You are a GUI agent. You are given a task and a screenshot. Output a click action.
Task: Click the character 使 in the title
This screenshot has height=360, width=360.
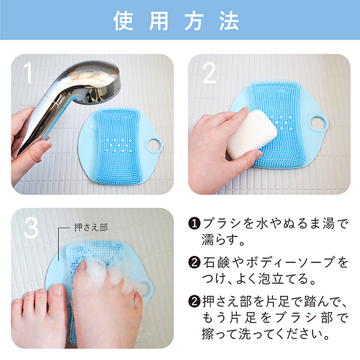123,21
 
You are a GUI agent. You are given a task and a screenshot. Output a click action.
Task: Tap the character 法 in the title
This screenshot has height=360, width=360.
229,21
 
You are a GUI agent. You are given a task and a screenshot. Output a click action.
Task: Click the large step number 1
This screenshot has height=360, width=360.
28,73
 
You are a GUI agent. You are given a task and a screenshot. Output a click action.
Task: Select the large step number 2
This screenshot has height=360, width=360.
209,73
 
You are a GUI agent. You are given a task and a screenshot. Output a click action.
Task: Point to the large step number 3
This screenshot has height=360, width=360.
31,227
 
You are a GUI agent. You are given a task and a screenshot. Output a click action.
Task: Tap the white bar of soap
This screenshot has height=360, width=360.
252,134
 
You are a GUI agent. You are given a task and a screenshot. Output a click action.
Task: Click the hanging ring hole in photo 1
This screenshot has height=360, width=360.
154,146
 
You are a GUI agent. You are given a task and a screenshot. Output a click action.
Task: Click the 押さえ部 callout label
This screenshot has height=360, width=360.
91,227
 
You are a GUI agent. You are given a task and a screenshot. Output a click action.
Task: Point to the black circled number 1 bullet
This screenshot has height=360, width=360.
194,223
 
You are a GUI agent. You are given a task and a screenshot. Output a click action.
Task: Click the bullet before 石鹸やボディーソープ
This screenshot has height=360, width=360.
194,262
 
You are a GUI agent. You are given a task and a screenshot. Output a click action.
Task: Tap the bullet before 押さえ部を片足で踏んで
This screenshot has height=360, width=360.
194,301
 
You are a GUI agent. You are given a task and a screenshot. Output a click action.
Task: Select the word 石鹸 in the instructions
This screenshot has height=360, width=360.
216,263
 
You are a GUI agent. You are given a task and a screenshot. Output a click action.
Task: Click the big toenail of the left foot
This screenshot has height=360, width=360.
57,290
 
